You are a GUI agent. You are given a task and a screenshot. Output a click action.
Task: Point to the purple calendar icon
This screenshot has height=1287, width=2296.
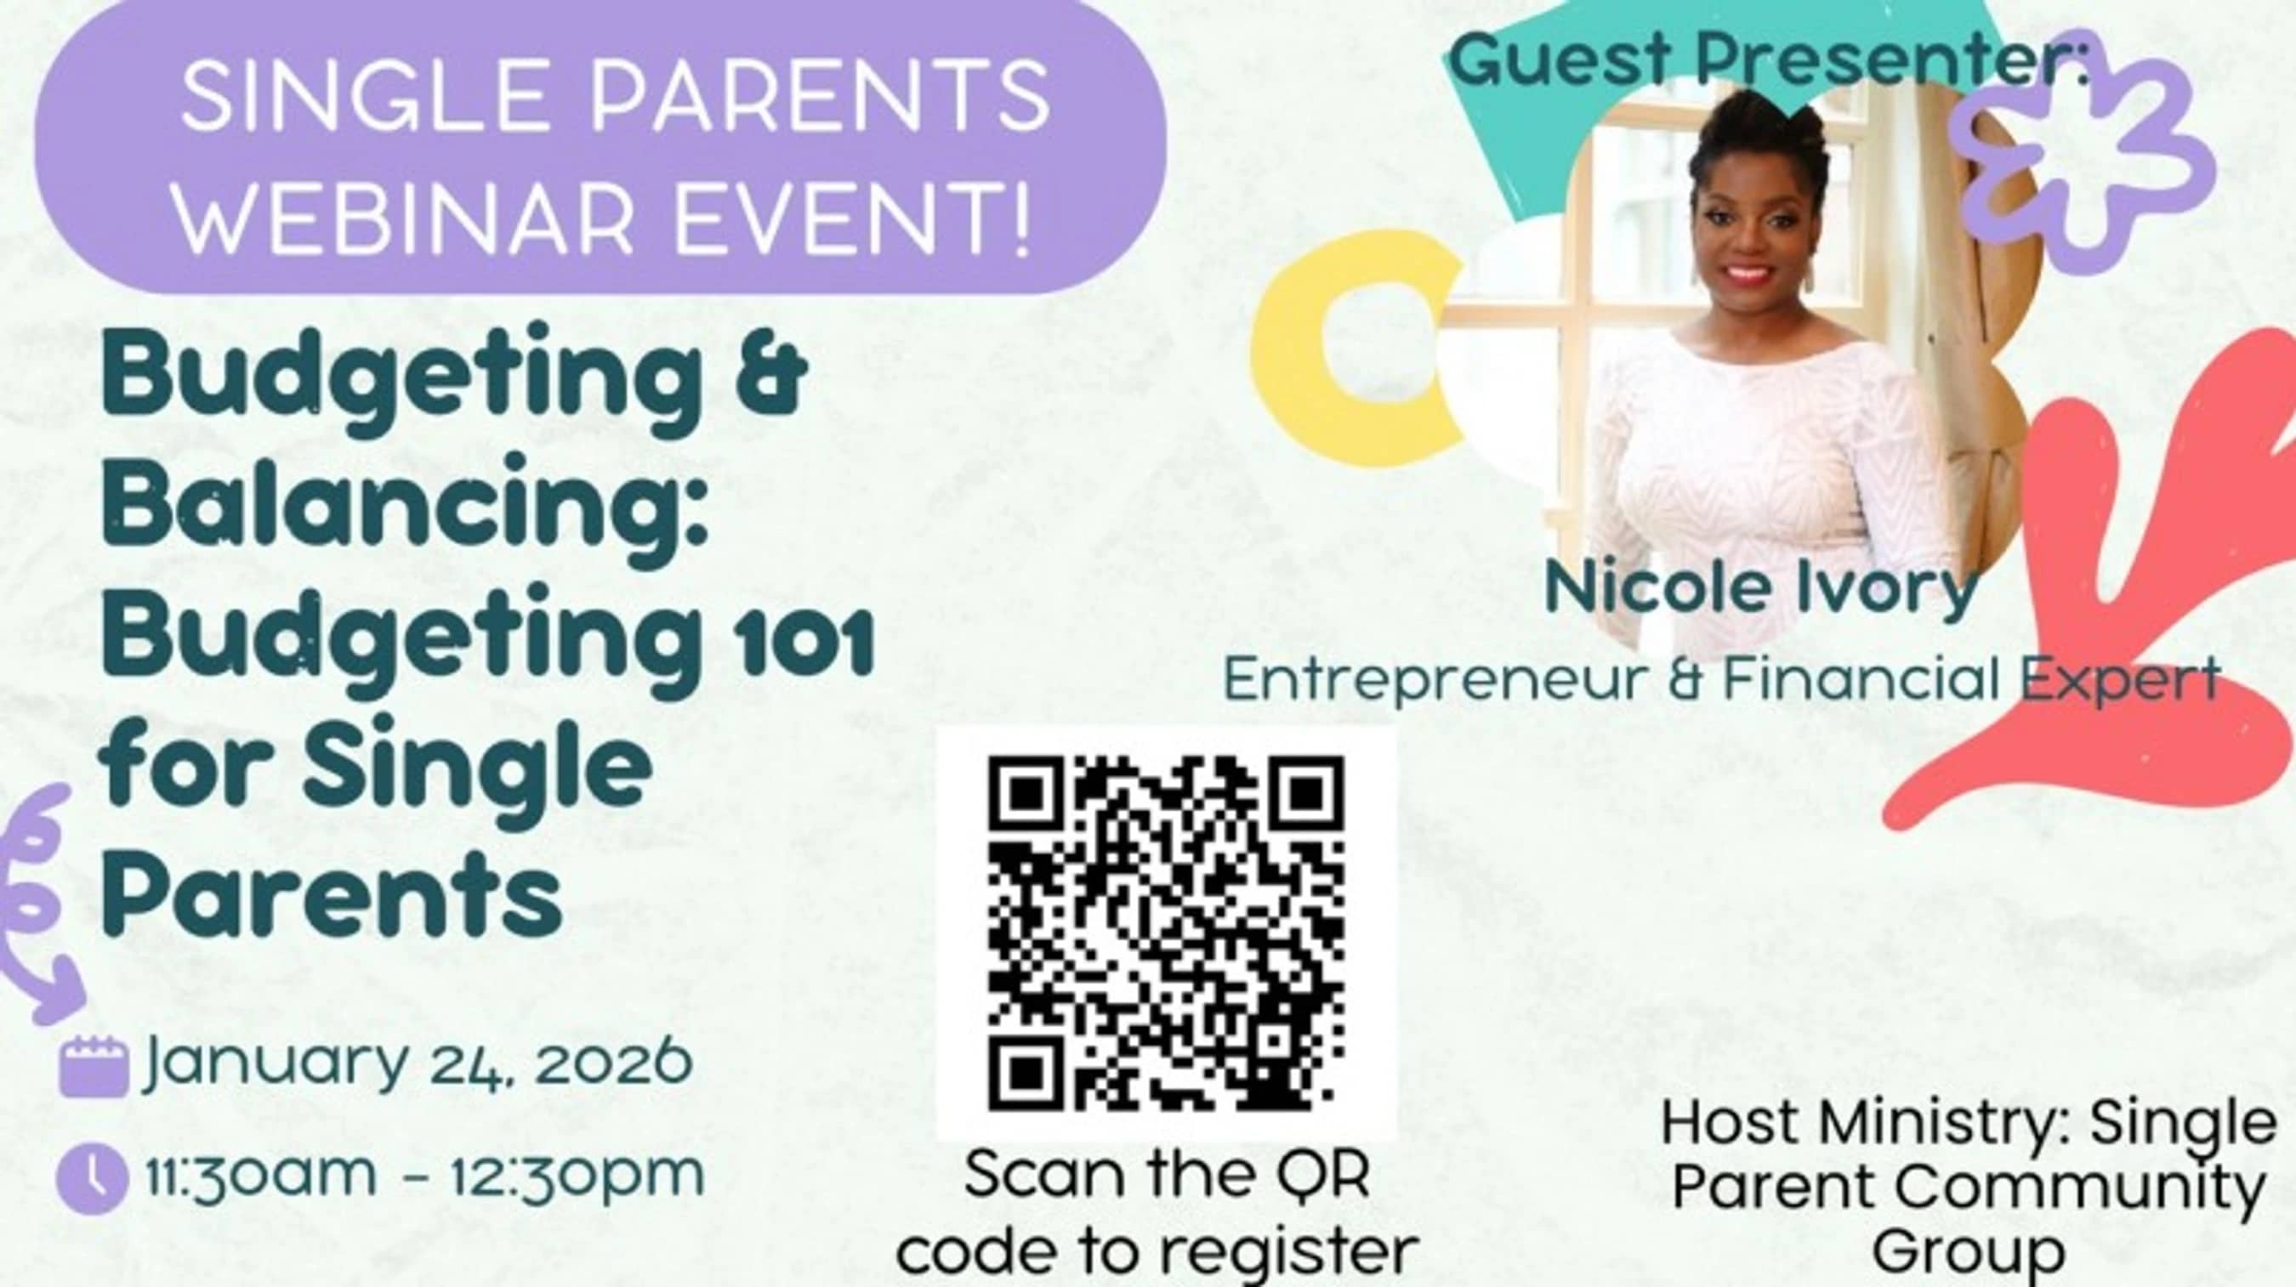coord(94,1066)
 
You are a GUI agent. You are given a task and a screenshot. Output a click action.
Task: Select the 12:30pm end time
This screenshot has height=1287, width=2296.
coord(576,1175)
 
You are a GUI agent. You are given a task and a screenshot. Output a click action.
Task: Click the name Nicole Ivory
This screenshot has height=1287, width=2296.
coord(1761,588)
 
